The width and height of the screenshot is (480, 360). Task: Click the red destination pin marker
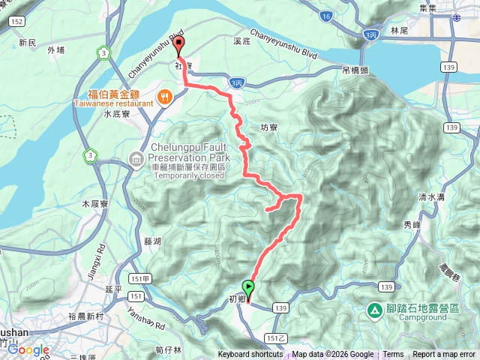pos(179,46)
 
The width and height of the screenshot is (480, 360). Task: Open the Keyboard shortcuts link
pos(250,355)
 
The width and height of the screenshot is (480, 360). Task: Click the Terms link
pos(393,355)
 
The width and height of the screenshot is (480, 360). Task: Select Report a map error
pos(444,355)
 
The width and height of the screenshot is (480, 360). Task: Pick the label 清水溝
pos(432,197)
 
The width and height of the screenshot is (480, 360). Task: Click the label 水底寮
pos(118,114)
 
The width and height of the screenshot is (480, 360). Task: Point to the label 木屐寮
pos(94,203)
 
